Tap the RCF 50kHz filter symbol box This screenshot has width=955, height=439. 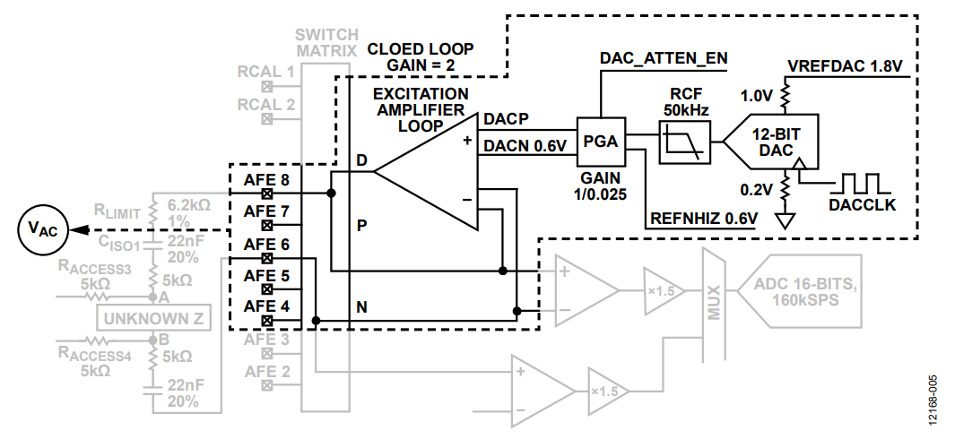click(684, 142)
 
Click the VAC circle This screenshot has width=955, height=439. click(43, 230)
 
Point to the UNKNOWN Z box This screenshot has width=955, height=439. click(153, 317)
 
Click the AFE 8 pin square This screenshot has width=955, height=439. click(266, 194)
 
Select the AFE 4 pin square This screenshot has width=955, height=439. click(266, 320)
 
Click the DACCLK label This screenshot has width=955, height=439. click(862, 205)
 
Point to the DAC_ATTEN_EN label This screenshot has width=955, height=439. click(664, 58)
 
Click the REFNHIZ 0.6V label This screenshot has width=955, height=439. click(704, 218)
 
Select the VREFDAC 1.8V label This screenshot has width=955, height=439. click(844, 65)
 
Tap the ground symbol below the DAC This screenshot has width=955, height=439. click(786, 221)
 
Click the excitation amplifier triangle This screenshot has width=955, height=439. click(426, 172)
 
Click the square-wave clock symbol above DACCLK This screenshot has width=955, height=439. click(861, 182)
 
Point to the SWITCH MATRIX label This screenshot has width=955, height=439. click(327, 42)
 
